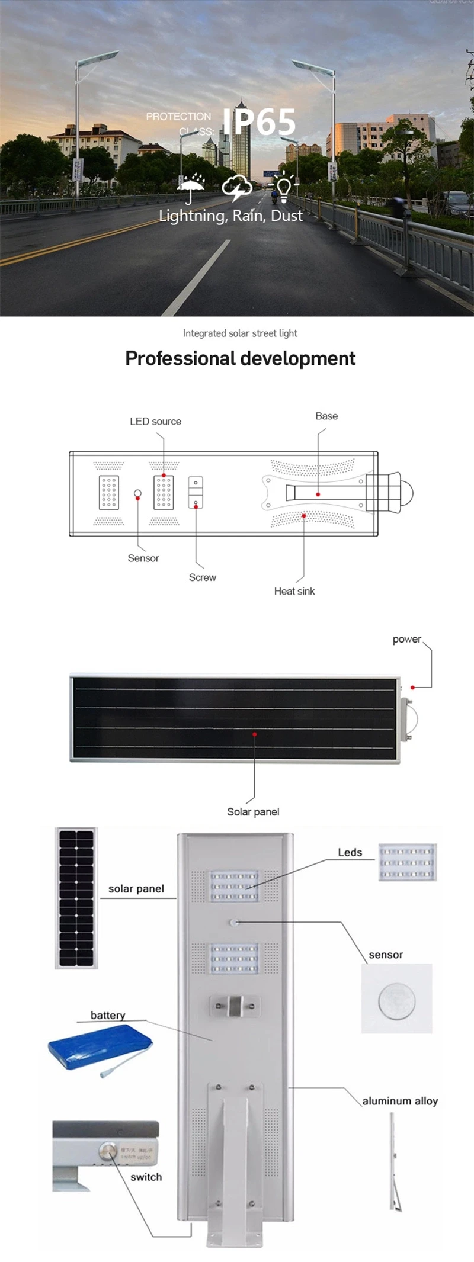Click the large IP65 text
pos(259,122)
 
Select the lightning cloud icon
pos(237,187)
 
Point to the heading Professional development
pos(240,358)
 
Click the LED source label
pos(155,422)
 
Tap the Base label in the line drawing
pos(326,416)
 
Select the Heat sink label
pos(294,591)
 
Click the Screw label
pos(203,577)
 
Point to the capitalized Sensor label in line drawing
pos(143,558)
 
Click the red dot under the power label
pos(413,687)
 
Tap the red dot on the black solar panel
pos(255,734)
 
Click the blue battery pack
pos(100,1047)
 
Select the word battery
pos(108,1015)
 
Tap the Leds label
pos(350,852)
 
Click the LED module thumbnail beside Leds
pos(408,862)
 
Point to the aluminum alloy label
pos(400,1101)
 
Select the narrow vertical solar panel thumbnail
pos(76,898)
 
